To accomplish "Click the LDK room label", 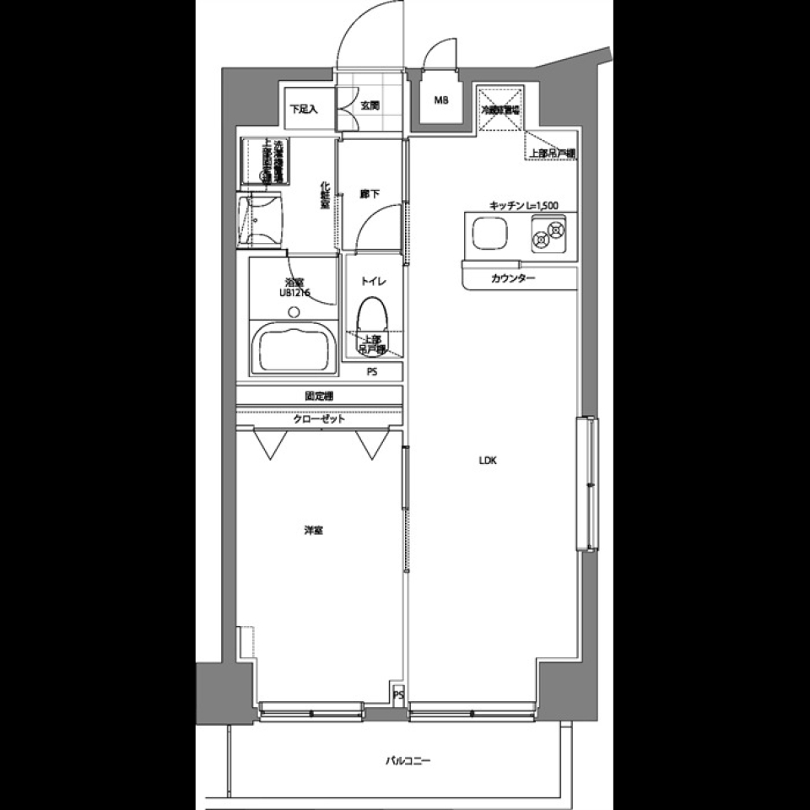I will point(489,461).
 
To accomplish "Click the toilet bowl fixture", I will point(371,318).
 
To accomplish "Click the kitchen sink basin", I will point(490,234).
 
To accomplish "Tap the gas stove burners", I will point(548,234).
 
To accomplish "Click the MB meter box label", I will point(441,101).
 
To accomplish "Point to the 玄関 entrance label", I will point(370,106).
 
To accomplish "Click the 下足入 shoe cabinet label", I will point(303,108).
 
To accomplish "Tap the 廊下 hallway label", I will point(370,194).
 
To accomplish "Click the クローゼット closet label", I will point(319,418).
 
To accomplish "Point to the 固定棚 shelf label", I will point(318,395).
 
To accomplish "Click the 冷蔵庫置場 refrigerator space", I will point(500,110).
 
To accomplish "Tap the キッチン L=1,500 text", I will point(523,205).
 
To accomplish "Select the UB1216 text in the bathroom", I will point(295,293).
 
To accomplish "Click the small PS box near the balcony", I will point(398,695).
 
